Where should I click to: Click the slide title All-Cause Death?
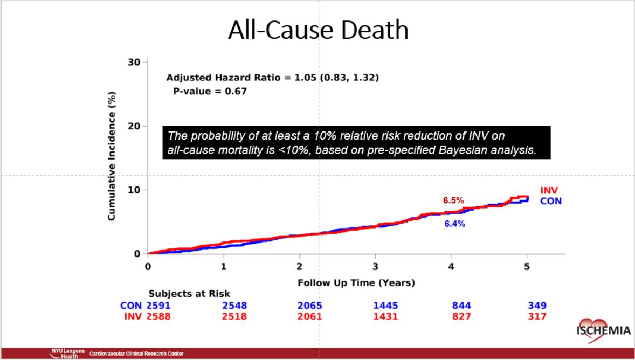pyautogui.click(x=318, y=30)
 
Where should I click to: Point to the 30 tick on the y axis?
pyautogui.click(x=134, y=63)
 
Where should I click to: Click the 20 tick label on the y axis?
pyautogui.click(x=134, y=126)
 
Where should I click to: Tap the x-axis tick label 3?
pyautogui.click(x=375, y=266)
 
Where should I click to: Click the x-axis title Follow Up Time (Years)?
pyautogui.click(x=356, y=282)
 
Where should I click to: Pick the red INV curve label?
pyautogui.click(x=549, y=191)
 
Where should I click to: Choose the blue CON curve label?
pyautogui.click(x=550, y=201)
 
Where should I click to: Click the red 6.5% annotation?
pyautogui.click(x=453, y=200)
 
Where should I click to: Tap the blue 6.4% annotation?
pyautogui.click(x=454, y=224)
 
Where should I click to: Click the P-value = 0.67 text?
pyautogui.click(x=210, y=91)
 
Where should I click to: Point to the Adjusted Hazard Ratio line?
pyautogui.click(x=272, y=78)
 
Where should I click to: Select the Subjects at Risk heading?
pyautogui.click(x=189, y=294)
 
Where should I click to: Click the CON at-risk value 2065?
pyautogui.click(x=310, y=306)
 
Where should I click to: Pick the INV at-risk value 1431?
pyautogui.click(x=385, y=316)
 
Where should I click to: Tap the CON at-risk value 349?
pyautogui.click(x=537, y=306)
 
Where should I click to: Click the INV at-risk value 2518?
pyautogui.click(x=234, y=316)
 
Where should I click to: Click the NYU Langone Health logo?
pyautogui.click(x=67, y=353)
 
